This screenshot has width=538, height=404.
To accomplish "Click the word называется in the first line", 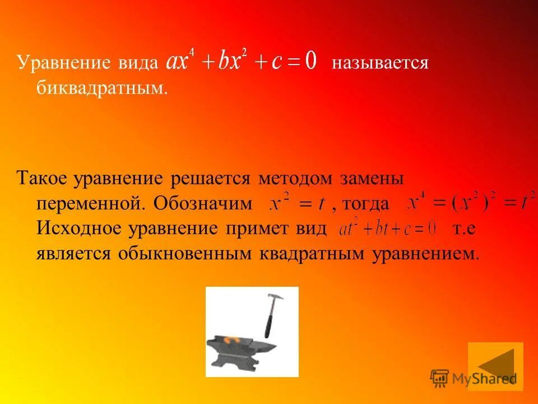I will [x=379, y=62].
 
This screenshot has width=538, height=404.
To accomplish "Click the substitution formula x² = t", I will [x=297, y=204].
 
